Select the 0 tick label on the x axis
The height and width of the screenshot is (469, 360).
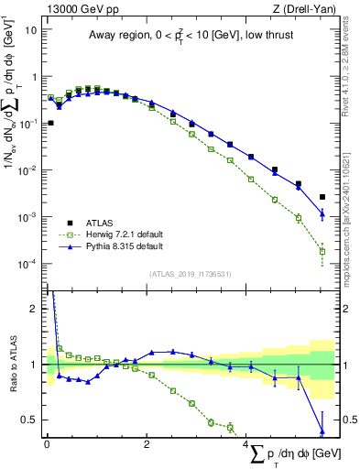pyautogui.click(x=47, y=444)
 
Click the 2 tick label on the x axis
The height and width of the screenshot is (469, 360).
pyautogui.click(x=147, y=444)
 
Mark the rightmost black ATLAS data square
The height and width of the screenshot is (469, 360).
pyautogui.click(x=322, y=197)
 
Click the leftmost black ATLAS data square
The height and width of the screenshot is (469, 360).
pyautogui.click(x=50, y=123)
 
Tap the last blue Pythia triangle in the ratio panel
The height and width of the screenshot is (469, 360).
pyautogui.click(x=322, y=430)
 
